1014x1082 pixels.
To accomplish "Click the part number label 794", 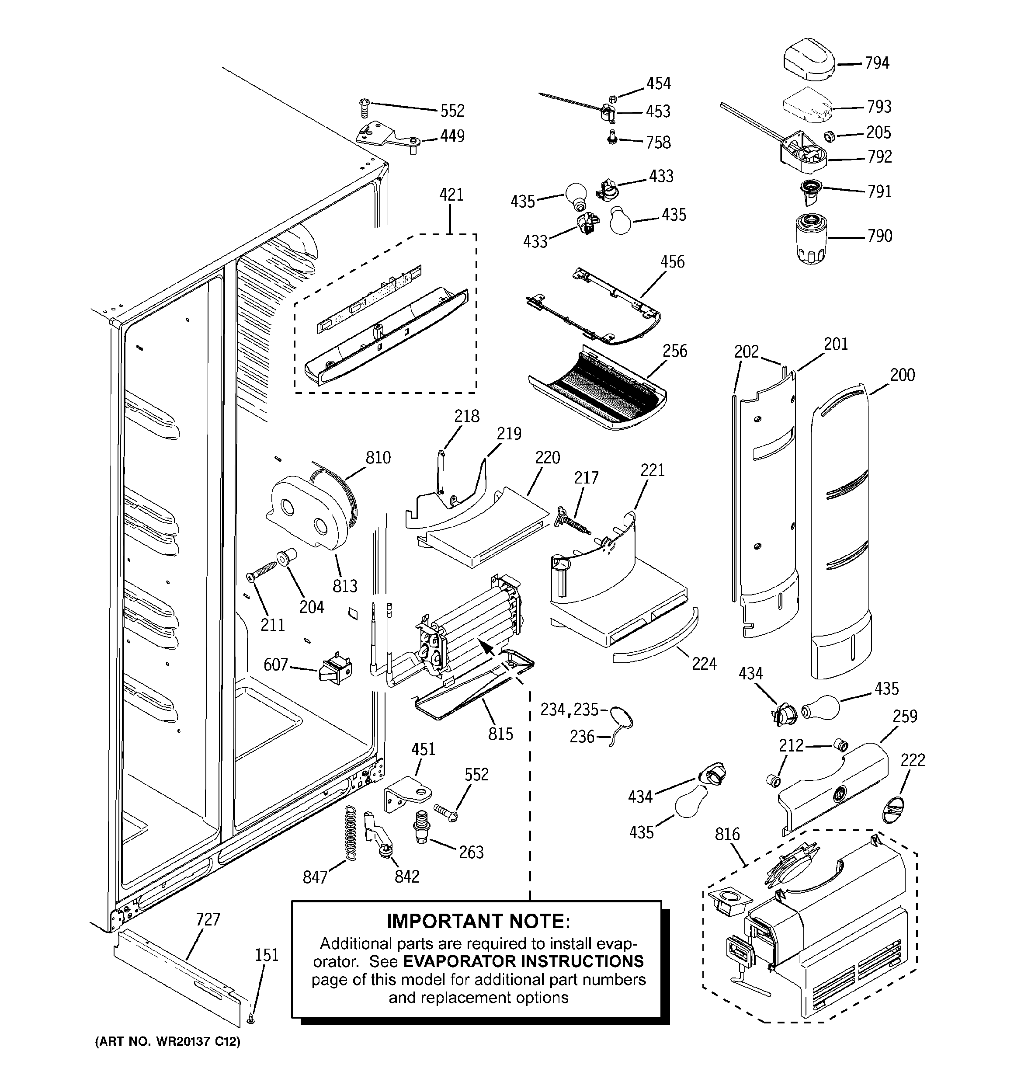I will click(x=877, y=63).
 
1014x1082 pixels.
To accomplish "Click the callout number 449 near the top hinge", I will click(x=452, y=136).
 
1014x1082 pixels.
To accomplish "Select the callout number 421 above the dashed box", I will click(x=451, y=194).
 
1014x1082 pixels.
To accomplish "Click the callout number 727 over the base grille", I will click(x=208, y=919).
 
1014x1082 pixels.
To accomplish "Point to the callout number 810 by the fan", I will click(x=378, y=457).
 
